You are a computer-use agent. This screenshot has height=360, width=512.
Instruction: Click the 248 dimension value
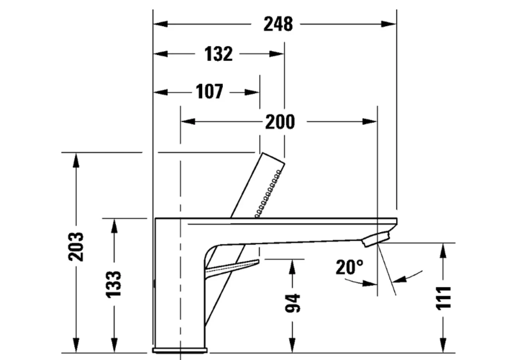pyautogui.click(x=278, y=24)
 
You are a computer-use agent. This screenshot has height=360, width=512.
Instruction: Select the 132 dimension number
pyautogui.click(x=218, y=54)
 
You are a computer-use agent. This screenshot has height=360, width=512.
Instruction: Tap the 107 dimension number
pyautogui.click(x=209, y=92)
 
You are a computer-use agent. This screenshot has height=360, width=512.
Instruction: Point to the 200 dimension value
pyautogui.click(x=280, y=122)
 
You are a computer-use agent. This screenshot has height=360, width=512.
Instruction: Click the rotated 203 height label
pyautogui.click(x=76, y=246)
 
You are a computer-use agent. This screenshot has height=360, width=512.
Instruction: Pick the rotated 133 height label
pyautogui.click(x=114, y=284)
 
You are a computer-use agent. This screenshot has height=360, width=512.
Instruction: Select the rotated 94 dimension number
pyautogui.click(x=292, y=303)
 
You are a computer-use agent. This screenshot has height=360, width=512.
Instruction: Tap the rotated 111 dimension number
pyautogui.click(x=443, y=298)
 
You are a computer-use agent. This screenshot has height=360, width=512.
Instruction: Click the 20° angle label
pyautogui.click(x=350, y=267)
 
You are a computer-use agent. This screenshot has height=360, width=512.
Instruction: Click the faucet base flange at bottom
pyautogui.click(x=180, y=350)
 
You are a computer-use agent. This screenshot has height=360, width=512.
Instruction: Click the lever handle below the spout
pyautogui.click(x=233, y=267)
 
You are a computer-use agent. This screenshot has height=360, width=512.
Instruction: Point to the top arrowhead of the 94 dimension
pyautogui.click(x=292, y=266)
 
